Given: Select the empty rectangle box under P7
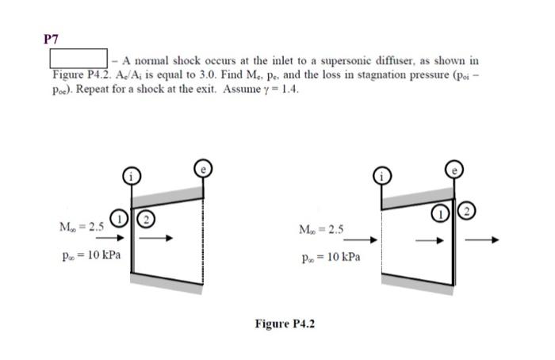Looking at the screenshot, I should pyautogui.click(x=79, y=59).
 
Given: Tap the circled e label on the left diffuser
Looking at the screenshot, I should pyautogui.click(x=205, y=168).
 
